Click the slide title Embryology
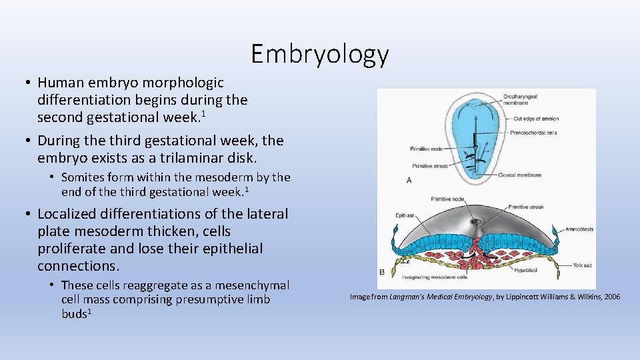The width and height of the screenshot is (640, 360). click(319, 53)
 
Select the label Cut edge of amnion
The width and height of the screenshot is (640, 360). click(536, 119)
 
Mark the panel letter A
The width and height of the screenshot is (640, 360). click(409, 180)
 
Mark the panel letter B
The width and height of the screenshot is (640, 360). click(382, 272)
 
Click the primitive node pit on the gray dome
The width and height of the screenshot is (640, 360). click(476, 221)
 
